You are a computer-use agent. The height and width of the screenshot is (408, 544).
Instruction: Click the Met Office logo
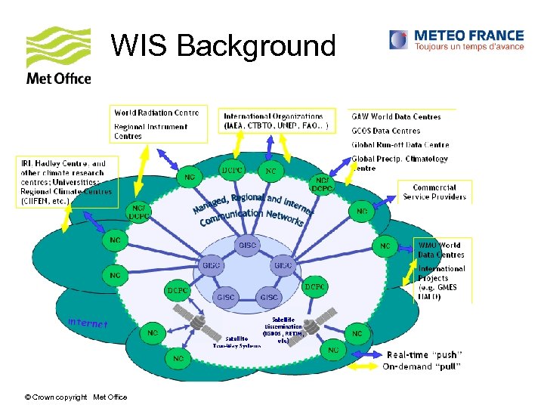(58, 57)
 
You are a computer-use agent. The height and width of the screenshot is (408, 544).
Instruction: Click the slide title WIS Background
(223, 46)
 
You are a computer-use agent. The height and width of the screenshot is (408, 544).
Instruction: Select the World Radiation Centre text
(156, 113)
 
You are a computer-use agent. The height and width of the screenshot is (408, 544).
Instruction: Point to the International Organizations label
(274, 116)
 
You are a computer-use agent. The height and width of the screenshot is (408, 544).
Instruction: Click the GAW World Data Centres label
(396, 117)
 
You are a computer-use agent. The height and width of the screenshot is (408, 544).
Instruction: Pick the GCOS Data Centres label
(385, 131)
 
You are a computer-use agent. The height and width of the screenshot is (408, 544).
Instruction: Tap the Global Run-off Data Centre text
(400, 144)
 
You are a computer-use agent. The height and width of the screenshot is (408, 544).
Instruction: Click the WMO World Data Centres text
(440, 249)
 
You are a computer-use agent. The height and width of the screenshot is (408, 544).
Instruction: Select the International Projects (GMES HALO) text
(442, 282)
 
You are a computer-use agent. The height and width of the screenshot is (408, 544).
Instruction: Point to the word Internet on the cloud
(88, 323)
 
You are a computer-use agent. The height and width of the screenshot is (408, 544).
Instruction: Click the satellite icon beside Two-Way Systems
(201, 323)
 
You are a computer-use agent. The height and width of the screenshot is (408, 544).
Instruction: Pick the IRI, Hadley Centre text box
(66, 181)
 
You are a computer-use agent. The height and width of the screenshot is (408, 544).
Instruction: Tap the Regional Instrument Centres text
(150, 131)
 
